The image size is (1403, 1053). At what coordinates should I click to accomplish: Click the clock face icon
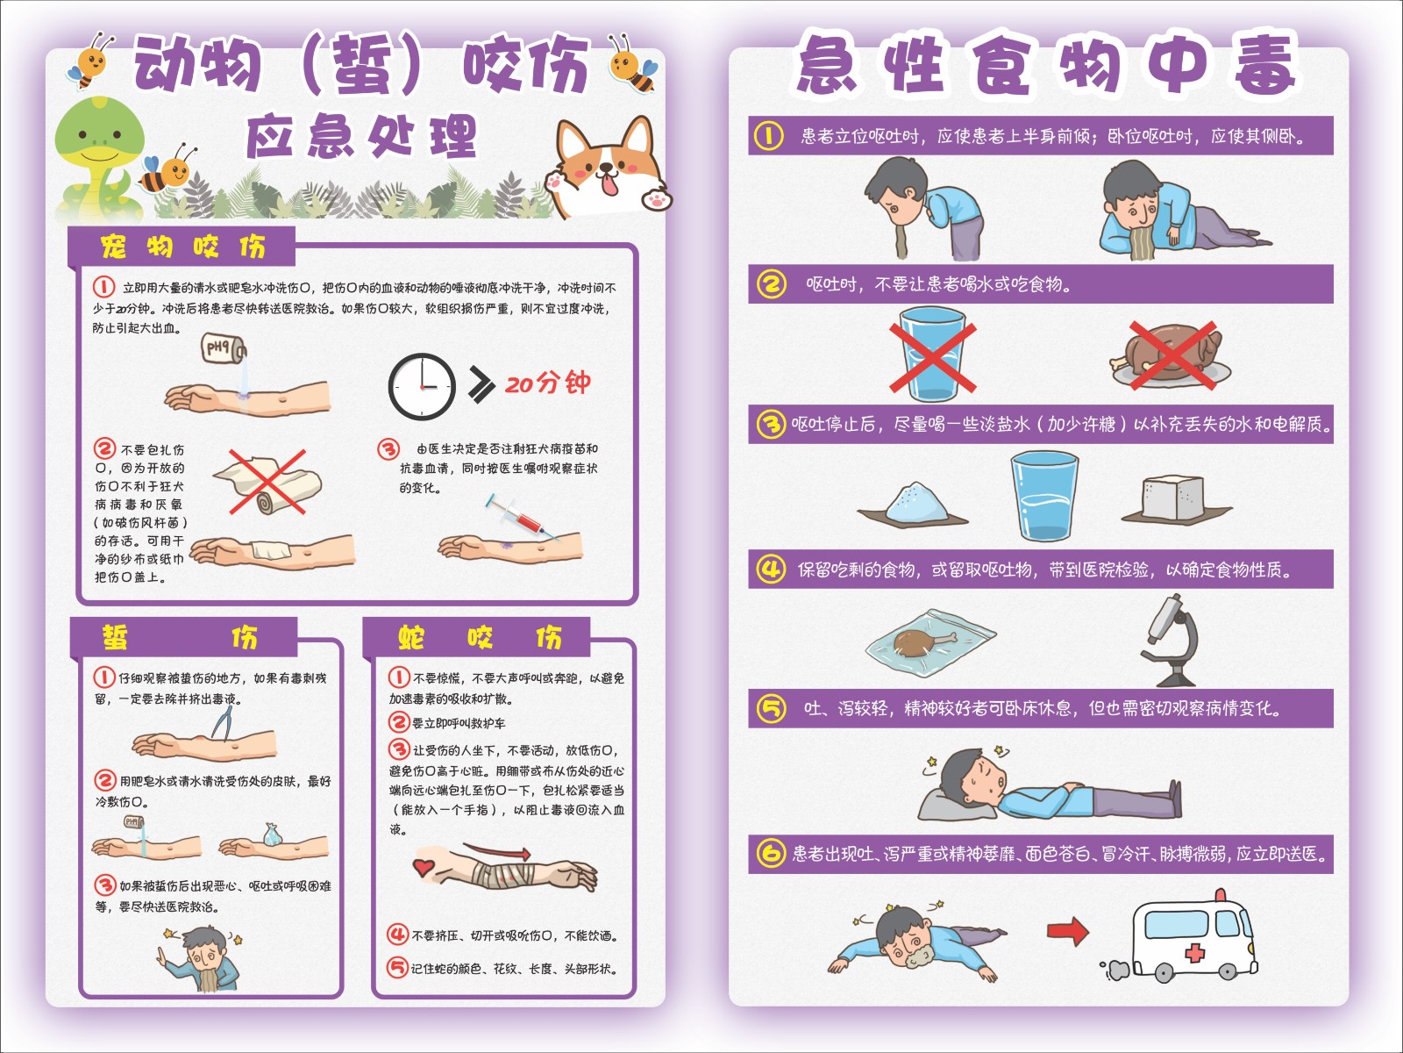[422, 386]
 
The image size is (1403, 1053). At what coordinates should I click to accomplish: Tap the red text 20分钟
[548, 383]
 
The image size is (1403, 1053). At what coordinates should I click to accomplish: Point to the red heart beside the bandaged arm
[424, 867]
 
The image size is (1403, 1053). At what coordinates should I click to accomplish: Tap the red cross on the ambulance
[1194, 953]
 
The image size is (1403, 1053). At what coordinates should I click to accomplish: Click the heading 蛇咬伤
[480, 637]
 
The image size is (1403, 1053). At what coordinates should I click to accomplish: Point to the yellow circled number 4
[771, 569]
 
